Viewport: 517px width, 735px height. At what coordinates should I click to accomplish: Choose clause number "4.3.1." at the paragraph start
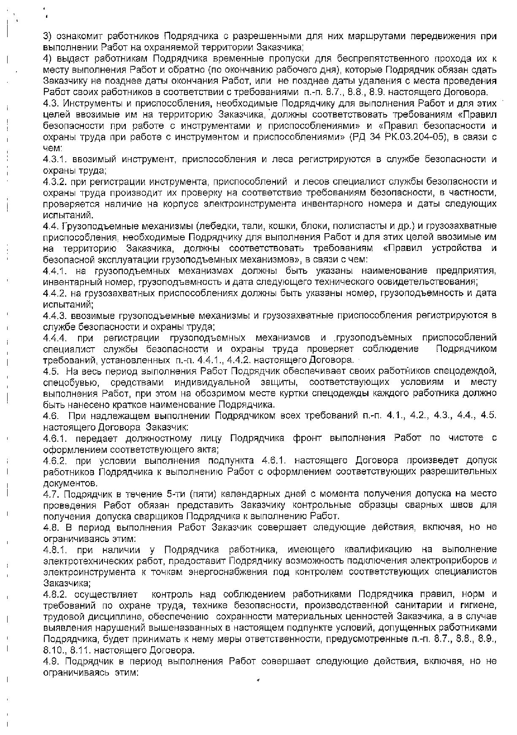56,159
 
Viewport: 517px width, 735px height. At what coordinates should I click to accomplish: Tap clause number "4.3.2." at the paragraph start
56,182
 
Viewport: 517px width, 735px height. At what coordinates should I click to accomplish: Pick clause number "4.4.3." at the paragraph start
56,316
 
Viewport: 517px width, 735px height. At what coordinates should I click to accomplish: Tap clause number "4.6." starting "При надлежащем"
52,416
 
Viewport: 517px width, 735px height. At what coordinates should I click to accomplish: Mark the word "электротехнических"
87,561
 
